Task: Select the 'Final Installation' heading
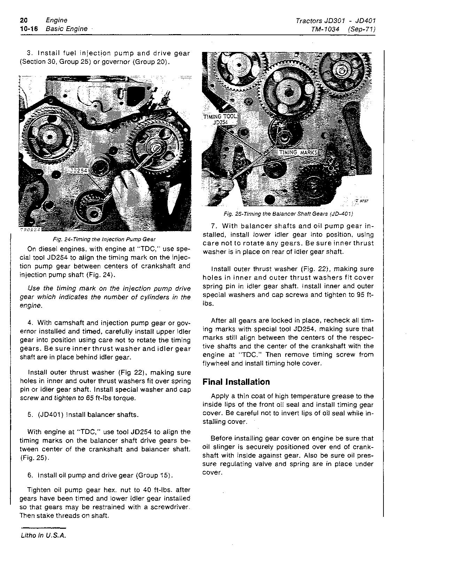pyautogui.click(x=236, y=382)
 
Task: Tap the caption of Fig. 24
pyautogui.click(x=104, y=239)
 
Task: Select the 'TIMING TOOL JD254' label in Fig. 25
pyautogui.click(x=219, y=120)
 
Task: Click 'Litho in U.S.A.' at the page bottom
pyautogui.click(x=43, y=536)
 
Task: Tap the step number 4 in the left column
pyautogui.click(x=29, y=323)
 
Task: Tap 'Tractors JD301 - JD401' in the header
pyautogui.click(x=335, y=21)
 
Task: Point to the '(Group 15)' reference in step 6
pyautogui.click(x=154, y=475)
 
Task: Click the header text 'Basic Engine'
pyautogui.click(x=67, y=29)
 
